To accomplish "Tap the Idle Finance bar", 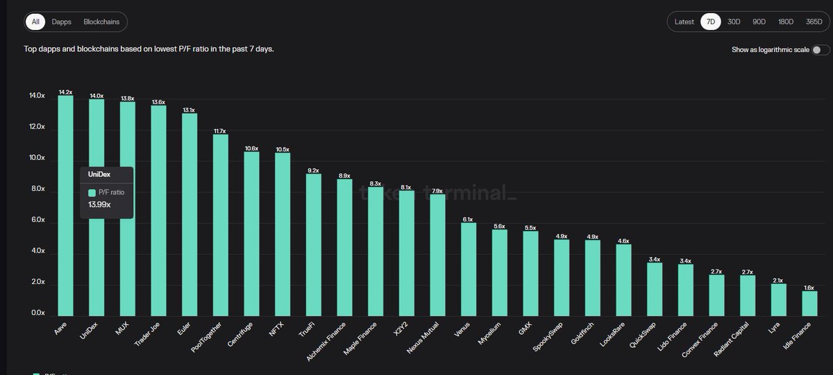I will tap(809, 303).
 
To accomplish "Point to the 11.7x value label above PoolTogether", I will tap(220, 131).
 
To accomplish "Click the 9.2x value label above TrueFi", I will tap(313, 170).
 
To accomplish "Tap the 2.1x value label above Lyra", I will tap(778, 281).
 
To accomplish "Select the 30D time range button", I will tap(734, 22).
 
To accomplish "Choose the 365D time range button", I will tap(814, 22).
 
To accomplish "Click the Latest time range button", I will tap(684, 22).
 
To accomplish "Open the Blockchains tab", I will tap(101, 22).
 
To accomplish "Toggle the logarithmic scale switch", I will tap(820, 50).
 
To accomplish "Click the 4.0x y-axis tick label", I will tap(36, 251).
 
